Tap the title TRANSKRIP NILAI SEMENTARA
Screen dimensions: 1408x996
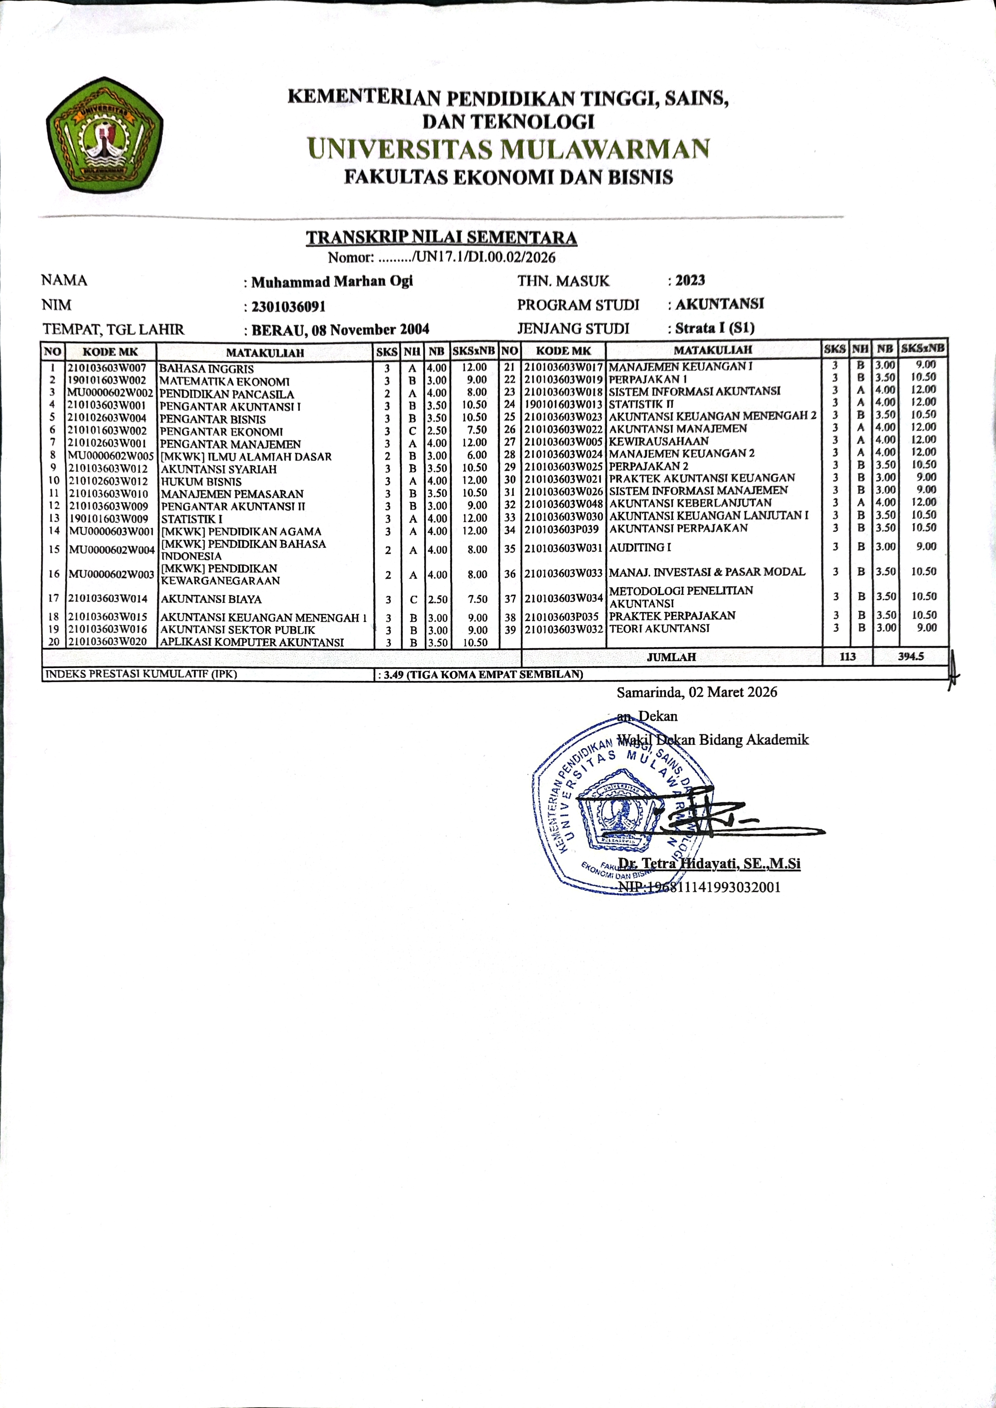(442, 237)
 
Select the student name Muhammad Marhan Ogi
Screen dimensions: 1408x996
(332, 281)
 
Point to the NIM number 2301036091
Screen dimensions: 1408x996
(288, 306)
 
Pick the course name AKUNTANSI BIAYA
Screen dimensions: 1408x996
(211, 599)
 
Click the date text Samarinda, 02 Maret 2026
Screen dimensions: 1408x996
(697, 692)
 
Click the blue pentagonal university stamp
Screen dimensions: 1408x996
(613, 810)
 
